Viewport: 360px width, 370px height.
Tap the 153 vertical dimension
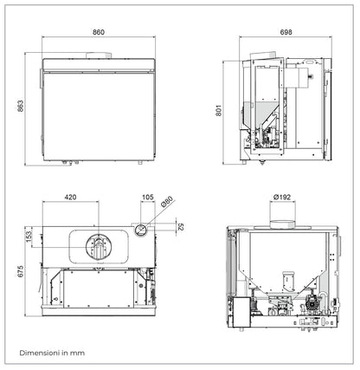click(x=28, y=235)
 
